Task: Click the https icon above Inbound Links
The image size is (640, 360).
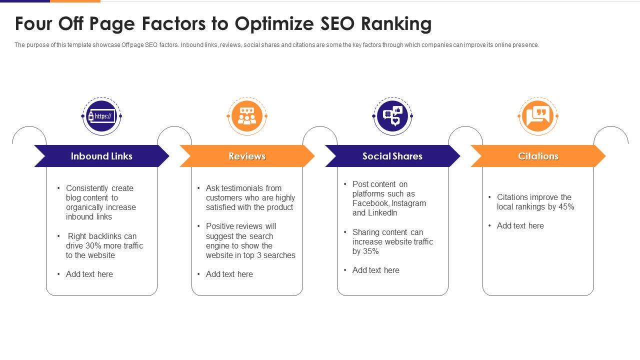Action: tap(101, 116)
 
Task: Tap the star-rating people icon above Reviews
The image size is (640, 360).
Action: tap(247, 116)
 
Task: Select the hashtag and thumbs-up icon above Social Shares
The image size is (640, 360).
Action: tap(392, 116)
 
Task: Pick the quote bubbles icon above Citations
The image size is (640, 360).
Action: tap(538, 116)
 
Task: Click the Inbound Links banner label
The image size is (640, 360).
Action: tap(101, 156)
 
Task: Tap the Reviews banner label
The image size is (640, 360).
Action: tap(247, 156)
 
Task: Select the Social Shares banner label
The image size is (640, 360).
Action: tap(392, 156)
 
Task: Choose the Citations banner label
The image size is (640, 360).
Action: tap(538, 156)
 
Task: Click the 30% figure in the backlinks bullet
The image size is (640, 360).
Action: tap(93, 245)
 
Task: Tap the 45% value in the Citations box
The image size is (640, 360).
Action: tap(566, 206)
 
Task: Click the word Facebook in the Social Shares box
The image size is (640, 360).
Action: tap(370, 203)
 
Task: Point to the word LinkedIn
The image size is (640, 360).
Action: tap(382, 212)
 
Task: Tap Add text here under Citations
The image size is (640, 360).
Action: tap(520, 225)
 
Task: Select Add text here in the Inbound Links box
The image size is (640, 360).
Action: tap(89, 274)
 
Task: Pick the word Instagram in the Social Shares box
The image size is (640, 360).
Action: tap(409, 203)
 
